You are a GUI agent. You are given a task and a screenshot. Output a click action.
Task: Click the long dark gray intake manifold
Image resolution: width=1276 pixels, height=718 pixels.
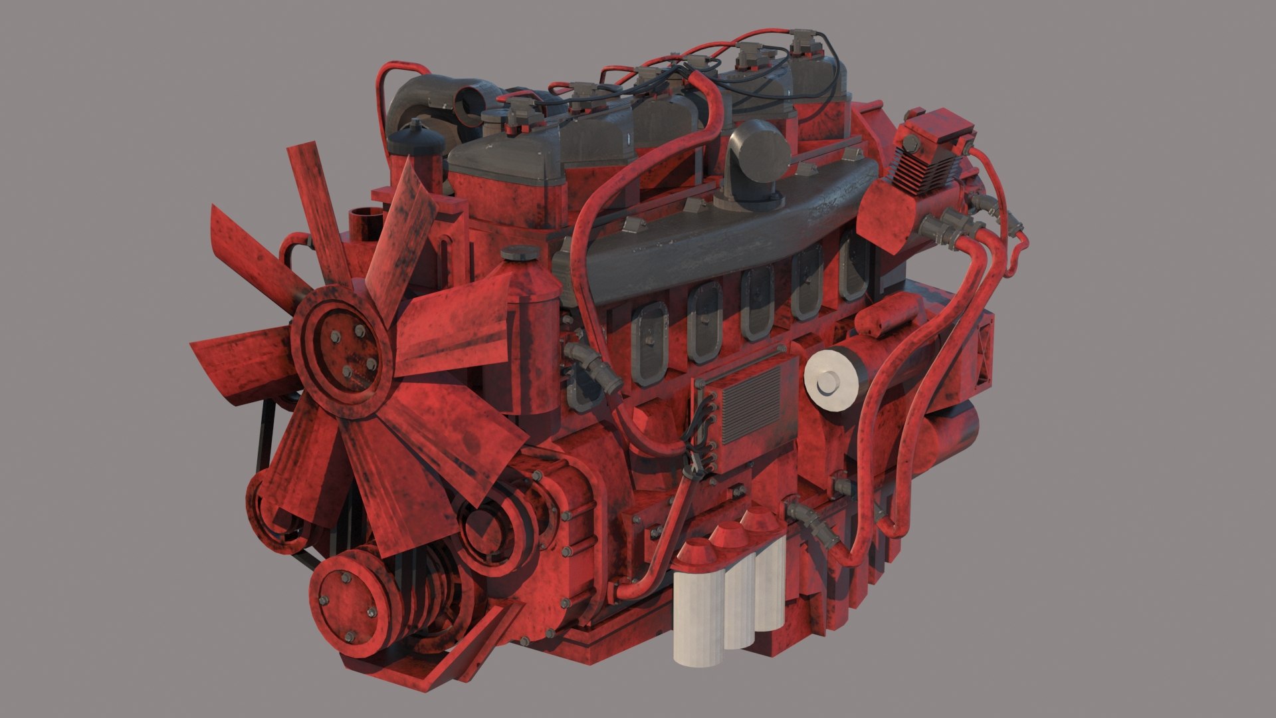coord(724,226)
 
